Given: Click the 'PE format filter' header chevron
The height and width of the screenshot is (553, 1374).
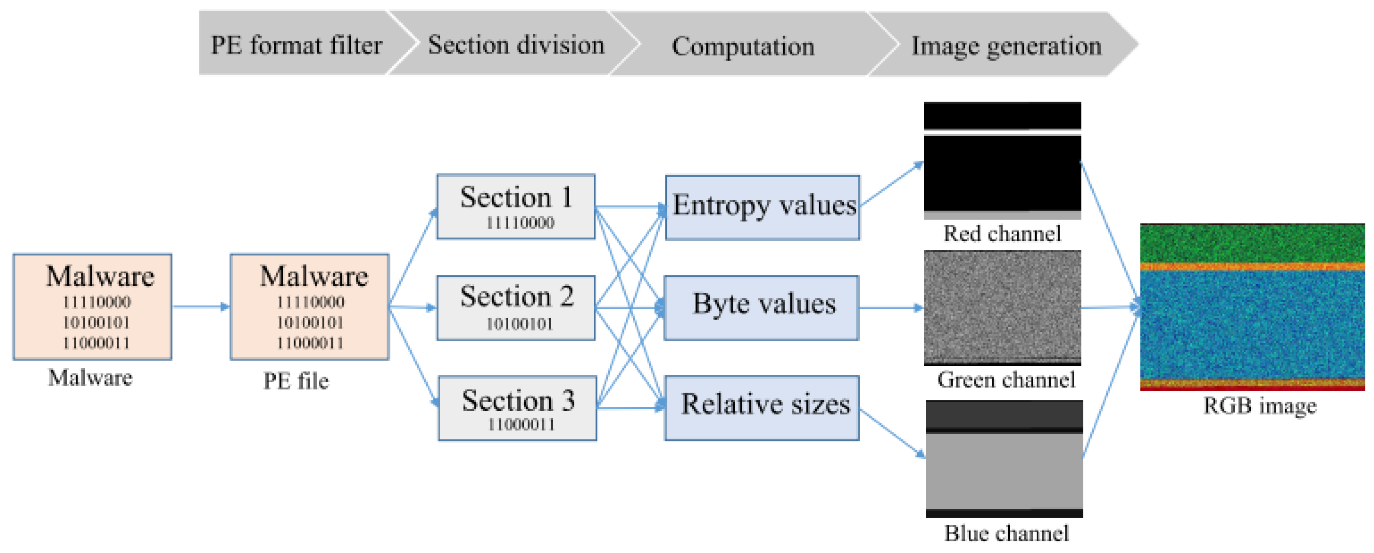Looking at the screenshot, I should tap(296, 44).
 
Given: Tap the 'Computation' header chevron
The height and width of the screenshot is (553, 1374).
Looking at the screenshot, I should tap(743, 45).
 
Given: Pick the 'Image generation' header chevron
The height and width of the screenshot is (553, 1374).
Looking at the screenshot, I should tap(1006, 45).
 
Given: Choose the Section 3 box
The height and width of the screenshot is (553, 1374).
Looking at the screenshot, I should tap(517, 409).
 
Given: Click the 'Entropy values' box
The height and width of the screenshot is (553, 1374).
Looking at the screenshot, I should tap(763, 207).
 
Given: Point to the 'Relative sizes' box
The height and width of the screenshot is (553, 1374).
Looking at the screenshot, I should tap(763, 407).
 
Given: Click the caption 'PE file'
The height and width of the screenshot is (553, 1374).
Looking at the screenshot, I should tap(296, 381).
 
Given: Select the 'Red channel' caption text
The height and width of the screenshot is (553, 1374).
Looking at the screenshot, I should tap(1002, 233).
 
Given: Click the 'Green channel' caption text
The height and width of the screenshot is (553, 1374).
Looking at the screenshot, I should tap(1006, 379).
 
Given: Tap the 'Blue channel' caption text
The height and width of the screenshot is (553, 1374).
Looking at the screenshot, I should tap(1006, 533).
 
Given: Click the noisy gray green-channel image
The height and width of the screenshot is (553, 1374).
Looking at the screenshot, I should tap(1002, 307).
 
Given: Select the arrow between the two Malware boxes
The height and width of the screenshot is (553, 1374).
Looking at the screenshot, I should tap(200, 307).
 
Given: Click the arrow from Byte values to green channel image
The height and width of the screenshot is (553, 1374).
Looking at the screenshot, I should tap(891, 308).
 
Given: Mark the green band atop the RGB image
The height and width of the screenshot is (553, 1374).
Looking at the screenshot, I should tap(1252, 243).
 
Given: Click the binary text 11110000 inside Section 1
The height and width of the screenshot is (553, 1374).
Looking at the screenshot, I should tap(519, 222).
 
